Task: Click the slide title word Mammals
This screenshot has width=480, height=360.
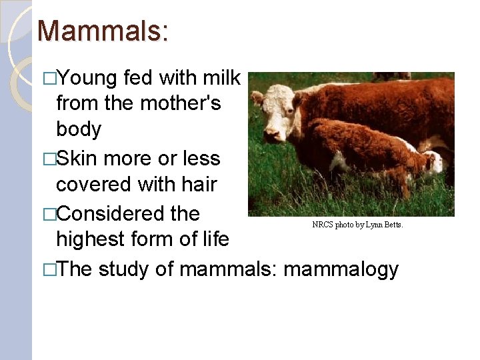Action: pos(103,31)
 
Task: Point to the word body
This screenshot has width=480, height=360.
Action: pos(79,129)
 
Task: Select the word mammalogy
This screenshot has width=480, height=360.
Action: pos(341,269)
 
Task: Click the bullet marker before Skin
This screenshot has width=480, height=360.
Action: pos(48,159)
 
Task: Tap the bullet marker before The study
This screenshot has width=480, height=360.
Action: pos(48,270)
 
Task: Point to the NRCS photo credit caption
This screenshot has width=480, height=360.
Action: pos(357,225)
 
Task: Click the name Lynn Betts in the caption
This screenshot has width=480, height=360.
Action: pos(387,225)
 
